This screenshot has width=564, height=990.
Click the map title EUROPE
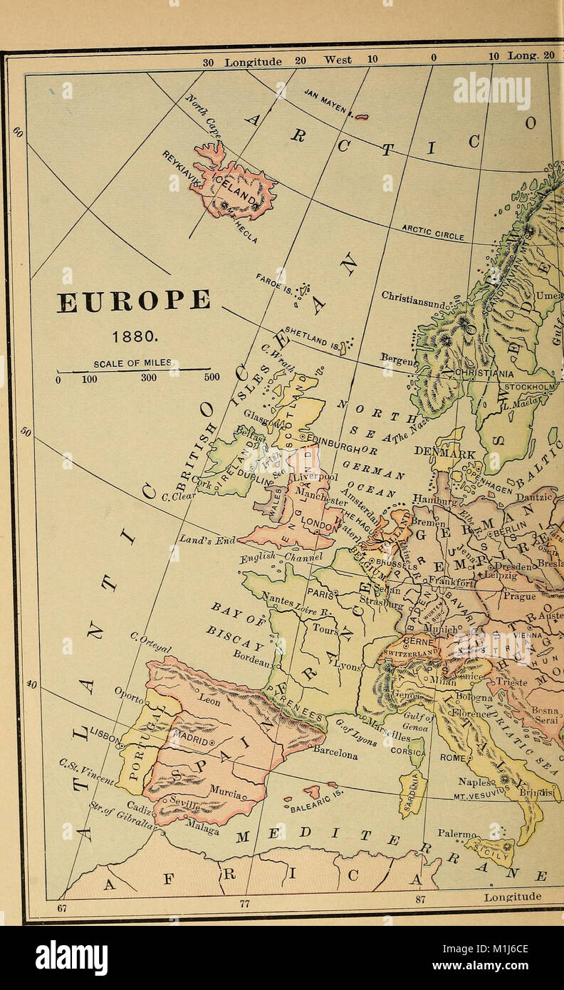(134, 301)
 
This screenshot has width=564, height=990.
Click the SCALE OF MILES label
(132, 363)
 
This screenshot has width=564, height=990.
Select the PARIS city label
(318, 591)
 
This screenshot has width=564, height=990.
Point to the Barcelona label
(335, 753)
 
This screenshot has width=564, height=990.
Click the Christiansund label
(414, 299)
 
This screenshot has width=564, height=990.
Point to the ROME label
(454, 759)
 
